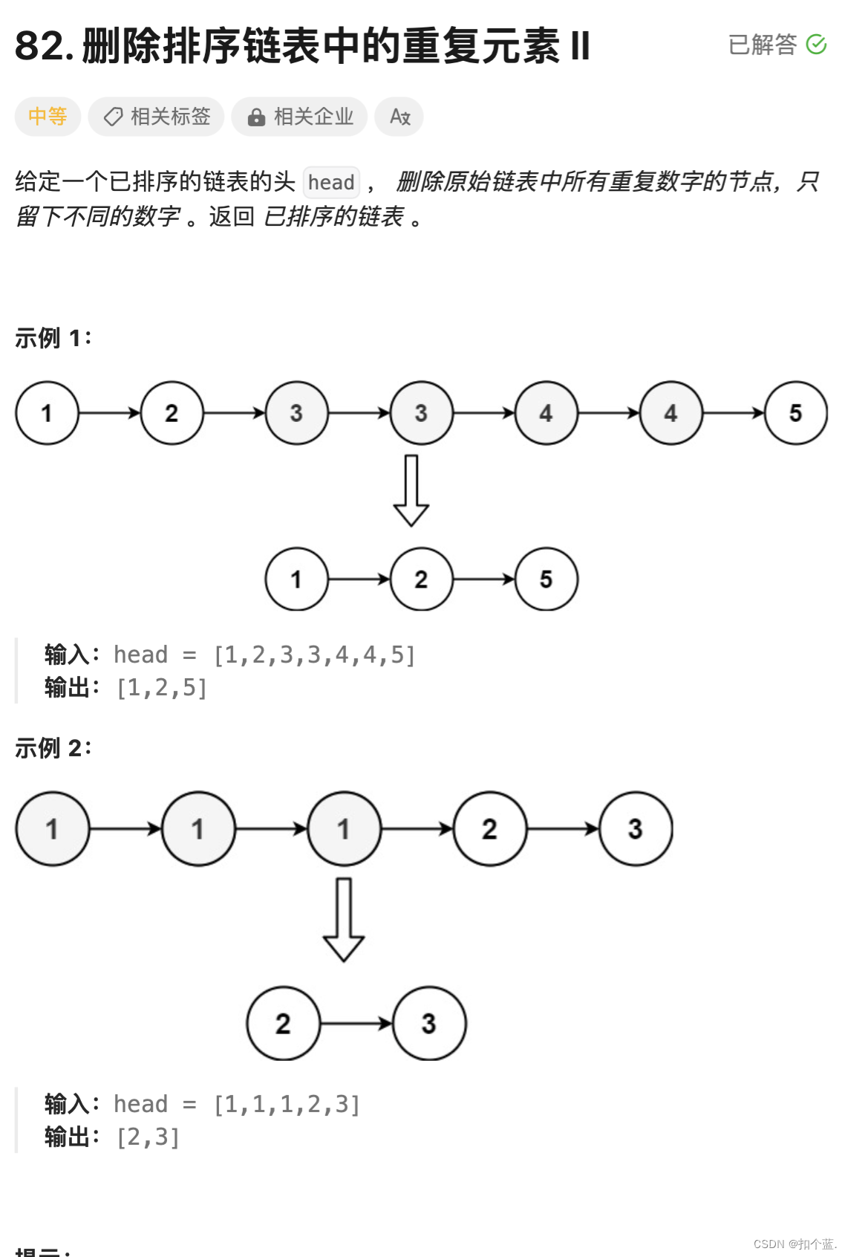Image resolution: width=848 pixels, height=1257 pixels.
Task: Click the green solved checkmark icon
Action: [816, 45]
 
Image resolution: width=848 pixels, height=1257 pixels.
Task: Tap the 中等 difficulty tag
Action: [48, 117]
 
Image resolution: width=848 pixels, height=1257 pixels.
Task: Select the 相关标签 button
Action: [156, 117]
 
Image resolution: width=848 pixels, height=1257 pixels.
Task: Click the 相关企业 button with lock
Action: [299, 117]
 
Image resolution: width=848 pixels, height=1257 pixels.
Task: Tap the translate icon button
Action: [399, 117]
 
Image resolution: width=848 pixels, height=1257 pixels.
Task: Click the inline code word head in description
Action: [331, 182]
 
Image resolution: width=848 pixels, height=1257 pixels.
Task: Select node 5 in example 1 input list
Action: [795, 413]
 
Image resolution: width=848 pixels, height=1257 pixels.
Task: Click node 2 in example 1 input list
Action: [172, 413]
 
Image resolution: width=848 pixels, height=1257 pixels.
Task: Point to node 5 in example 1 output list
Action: [546, 579]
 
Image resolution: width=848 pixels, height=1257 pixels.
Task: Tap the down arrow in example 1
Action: [411, 491]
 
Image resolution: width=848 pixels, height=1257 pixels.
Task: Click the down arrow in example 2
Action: [343, 920]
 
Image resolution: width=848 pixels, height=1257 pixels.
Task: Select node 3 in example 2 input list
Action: [635, 829]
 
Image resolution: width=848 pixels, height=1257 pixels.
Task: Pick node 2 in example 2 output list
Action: [283, 1024]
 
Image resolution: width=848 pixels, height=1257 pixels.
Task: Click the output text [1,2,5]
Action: [162, 688]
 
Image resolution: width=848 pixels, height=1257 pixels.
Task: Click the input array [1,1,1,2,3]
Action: [287, 1105]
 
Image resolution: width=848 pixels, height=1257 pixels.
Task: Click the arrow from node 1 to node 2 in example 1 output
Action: [359, 579]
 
